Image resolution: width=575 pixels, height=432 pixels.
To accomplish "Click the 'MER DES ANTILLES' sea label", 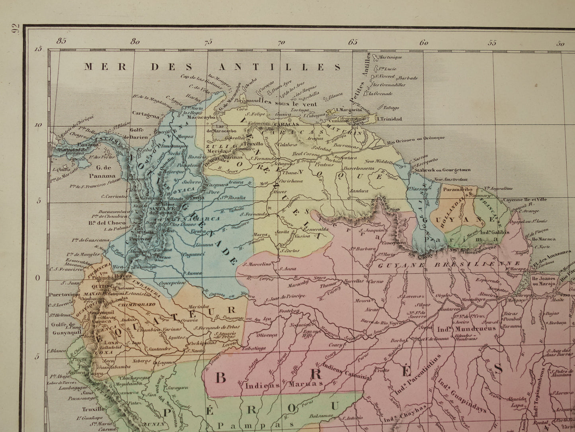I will (212, 67).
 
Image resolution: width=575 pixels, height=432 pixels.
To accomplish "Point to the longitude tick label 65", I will (353, 42).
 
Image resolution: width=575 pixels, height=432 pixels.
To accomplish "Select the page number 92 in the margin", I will (15, 29).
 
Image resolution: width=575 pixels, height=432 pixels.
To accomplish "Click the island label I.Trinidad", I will (390, 119).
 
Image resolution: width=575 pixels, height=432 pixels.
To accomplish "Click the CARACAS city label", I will (286, 124).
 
